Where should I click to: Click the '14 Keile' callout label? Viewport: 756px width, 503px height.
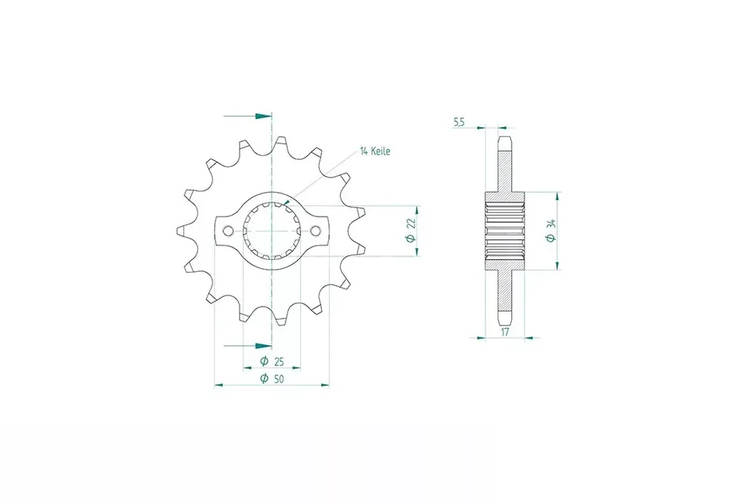tap(375, 151)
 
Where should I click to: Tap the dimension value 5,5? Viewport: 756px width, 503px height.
tap(459, 123)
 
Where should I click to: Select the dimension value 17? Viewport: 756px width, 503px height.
tap(505, 332)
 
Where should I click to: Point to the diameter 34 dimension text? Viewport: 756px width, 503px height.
tap(551, 231)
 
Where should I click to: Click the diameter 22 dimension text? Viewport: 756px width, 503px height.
tap(411, 230)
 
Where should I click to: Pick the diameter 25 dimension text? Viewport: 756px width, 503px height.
tap(272, 361)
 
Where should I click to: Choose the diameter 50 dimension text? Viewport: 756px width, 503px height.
tap(272, 379)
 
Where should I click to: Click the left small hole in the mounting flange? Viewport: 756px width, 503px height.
tap(228, 231)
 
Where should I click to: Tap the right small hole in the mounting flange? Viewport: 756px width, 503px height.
tap(315, 231)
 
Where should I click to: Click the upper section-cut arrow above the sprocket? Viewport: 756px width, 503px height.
tap(248, 116)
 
